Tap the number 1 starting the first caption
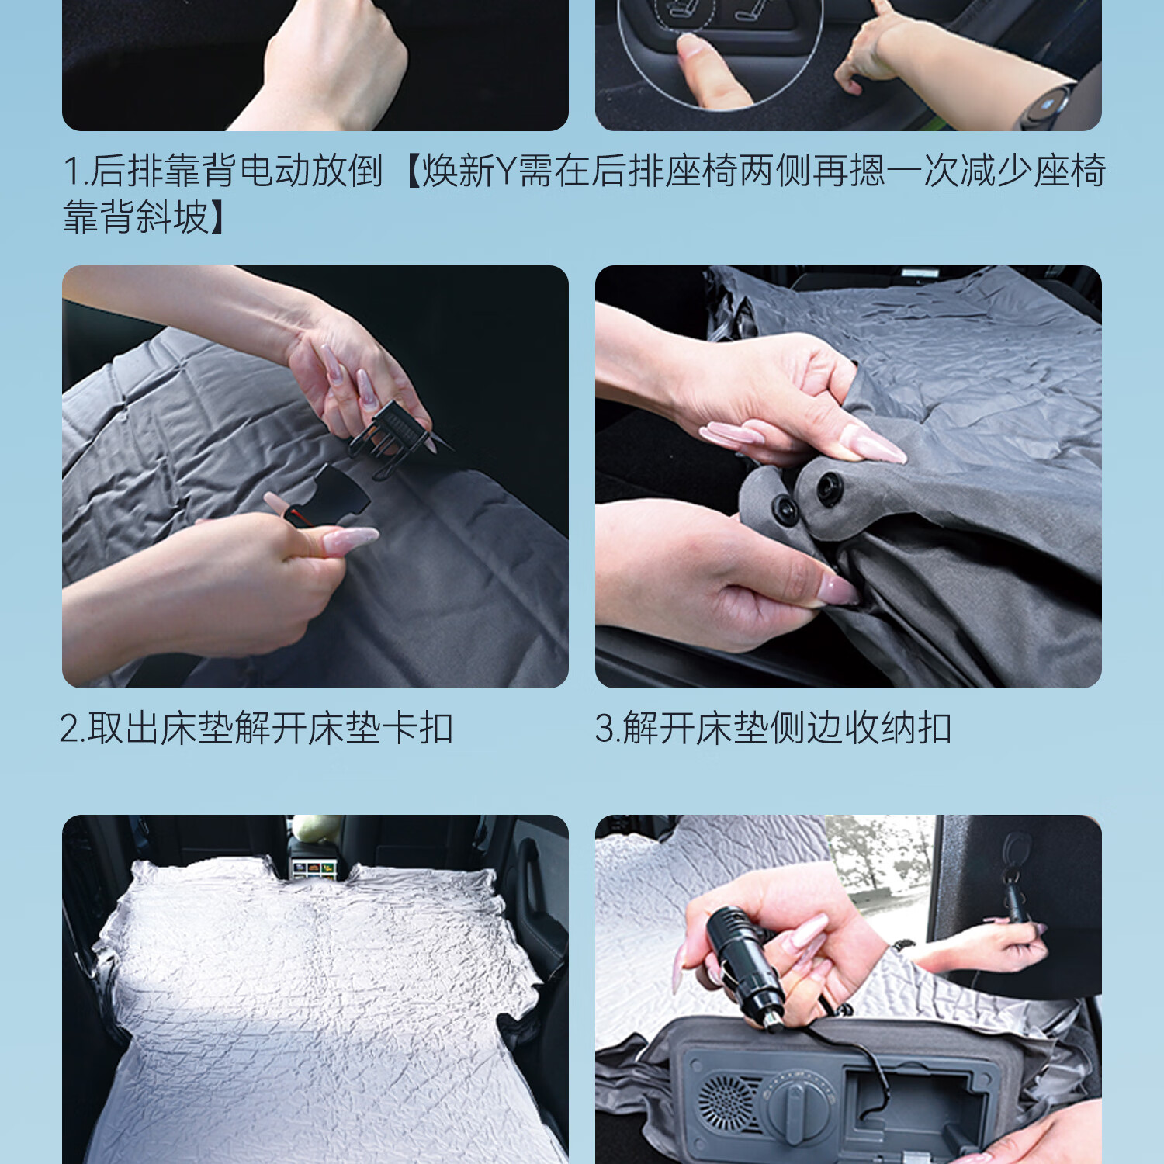71,171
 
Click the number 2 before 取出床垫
69,729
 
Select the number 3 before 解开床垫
605,729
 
